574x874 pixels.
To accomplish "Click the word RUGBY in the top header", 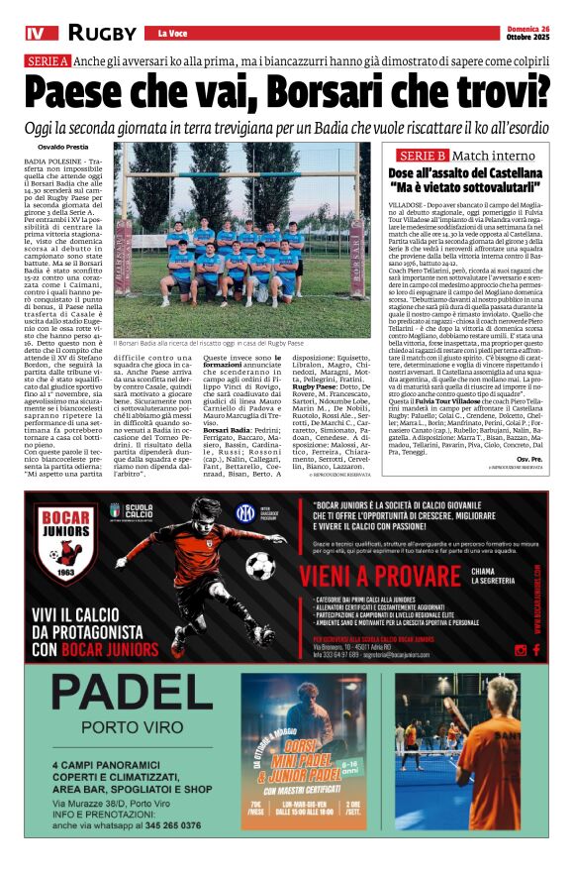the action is pos(102,33).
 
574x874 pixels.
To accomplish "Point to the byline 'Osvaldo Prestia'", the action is pos(63,146).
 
